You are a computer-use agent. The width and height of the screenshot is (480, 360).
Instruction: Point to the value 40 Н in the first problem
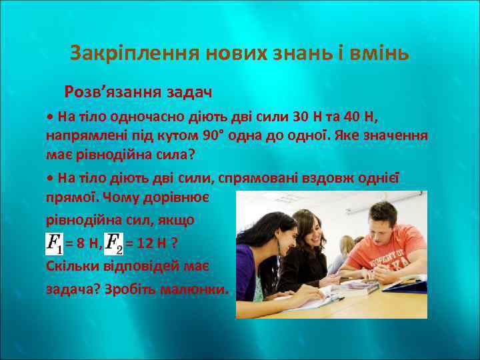coord(360,118)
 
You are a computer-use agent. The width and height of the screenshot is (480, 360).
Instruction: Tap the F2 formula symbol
coord(115,244)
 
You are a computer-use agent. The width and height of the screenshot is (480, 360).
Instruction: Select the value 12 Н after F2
coord(147,245)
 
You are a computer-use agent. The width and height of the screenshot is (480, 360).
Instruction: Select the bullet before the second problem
coord(50,179)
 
